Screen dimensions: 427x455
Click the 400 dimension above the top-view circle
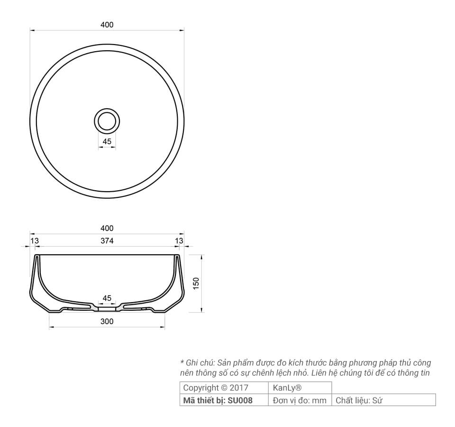tap(107, 25)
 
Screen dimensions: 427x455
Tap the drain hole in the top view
tap(107, 121)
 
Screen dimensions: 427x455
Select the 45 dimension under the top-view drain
tap(107, 141)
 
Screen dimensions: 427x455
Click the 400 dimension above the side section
tap(107, 228)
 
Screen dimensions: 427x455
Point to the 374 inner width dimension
tap(107, 241)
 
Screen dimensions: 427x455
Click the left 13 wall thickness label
tap(35, 241)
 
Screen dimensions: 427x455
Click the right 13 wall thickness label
tap(179, 241)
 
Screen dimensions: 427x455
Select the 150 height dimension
tap(196, 284)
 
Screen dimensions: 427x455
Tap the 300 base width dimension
tap(107, 322)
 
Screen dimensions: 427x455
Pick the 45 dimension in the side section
tap(107, 298)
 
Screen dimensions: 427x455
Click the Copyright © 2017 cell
tap(216, 388)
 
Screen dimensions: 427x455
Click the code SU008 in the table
tap(240, 400)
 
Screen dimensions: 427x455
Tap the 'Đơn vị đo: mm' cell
tap(300, 400)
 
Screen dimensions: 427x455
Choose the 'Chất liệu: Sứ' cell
tap(359, 400)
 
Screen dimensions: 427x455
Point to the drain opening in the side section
tap(107, 307)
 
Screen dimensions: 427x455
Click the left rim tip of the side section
tap(36, 256)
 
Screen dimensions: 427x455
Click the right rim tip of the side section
tap(178, 256)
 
